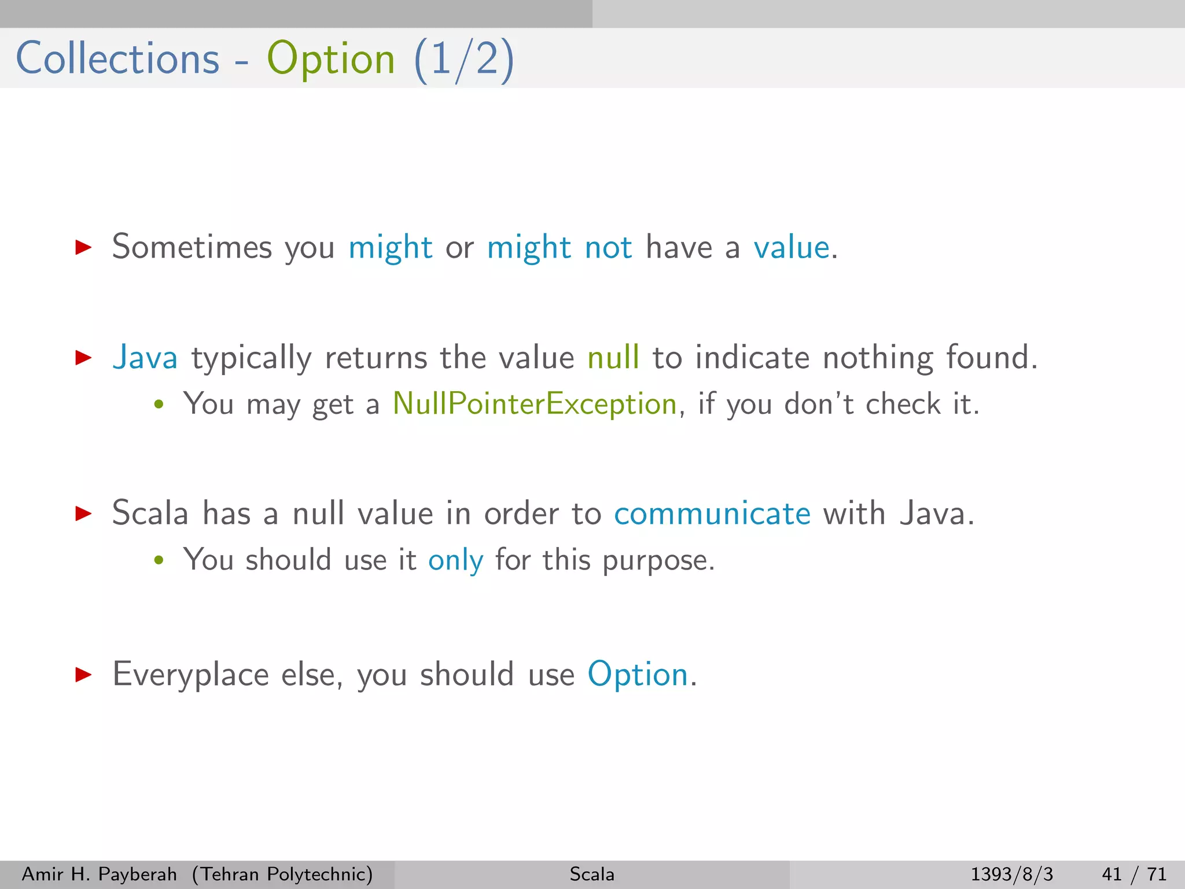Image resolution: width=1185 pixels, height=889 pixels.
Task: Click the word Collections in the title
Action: tap(117, 58)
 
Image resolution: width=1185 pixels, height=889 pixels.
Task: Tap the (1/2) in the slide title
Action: tap(463, 60)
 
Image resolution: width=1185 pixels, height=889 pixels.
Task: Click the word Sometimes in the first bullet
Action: tap(192, 247)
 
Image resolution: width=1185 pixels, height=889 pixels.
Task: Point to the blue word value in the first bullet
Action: tap(792, 248)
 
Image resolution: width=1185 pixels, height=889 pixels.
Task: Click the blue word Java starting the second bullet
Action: tap(145, 357)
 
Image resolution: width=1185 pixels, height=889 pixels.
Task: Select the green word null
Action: tap(613, 357)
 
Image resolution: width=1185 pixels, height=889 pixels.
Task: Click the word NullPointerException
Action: tap(535, 403)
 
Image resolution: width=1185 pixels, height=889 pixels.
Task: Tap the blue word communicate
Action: tap(712, 513)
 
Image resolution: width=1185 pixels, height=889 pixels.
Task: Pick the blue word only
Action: tap(455, 560)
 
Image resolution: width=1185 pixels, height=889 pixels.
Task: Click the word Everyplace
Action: tap(190, 675)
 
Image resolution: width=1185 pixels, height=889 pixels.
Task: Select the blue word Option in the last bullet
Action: tap(638, 674)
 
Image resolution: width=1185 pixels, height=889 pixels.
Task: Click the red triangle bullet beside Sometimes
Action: tap(83, 248)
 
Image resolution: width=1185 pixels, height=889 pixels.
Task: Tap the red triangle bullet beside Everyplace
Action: tap(83, 674)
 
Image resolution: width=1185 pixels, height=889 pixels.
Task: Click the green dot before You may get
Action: tap(159, 405)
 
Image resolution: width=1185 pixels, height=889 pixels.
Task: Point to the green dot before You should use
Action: tap(159, 560)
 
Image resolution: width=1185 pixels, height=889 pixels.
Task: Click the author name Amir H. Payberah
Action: tap(99, 874)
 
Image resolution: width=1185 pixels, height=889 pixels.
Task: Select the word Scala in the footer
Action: tap(592, 874)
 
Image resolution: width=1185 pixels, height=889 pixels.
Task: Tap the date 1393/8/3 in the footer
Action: tap(1011, 874)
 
